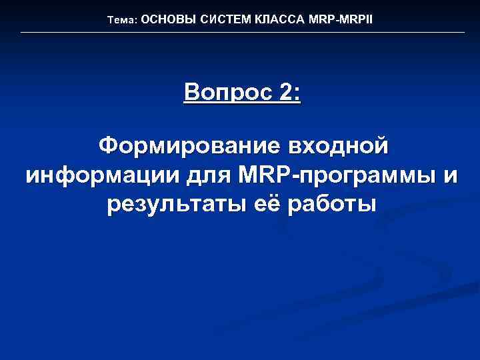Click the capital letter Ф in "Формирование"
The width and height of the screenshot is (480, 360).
click(108, 145)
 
